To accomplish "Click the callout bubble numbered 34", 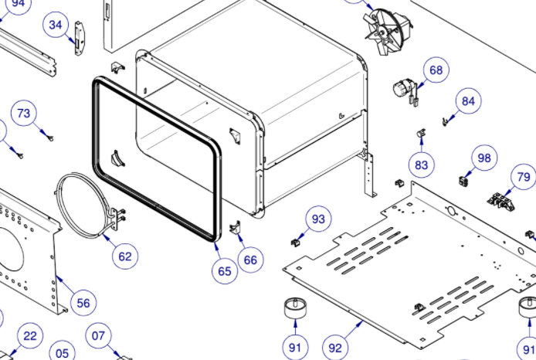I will pyautogui.click(x=56, y=25).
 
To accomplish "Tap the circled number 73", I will pyautogui.click(x=24, y=114).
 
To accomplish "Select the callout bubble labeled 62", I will pyautogui.click(x=124, y=256).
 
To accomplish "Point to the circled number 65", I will pyautogui.click(x=224, y=271).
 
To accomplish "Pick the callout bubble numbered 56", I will pyautogui.click(x=83, y=304).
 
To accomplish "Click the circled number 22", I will pyautogui.click(x=29, y=336).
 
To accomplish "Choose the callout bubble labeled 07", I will pyautogui.click(x=98, y=336).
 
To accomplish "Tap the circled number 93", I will pyautogui.click(x=318, y=220).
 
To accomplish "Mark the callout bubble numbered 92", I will pyautogui.click(x=334, y=348).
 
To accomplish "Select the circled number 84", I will pyautogui.click(x=468, y=100).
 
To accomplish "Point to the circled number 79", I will pyautogui.click(x=524, y=177).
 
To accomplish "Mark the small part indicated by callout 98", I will pyautogui.click(x=464, y=181).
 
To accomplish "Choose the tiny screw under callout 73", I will pyautogui.click(x=49, y=138).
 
